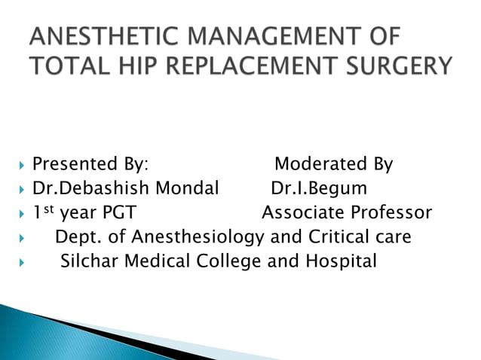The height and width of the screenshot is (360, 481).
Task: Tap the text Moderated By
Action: click(x=333, y=164)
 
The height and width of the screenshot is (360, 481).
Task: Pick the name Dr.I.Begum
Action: click(x=318, y=188)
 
